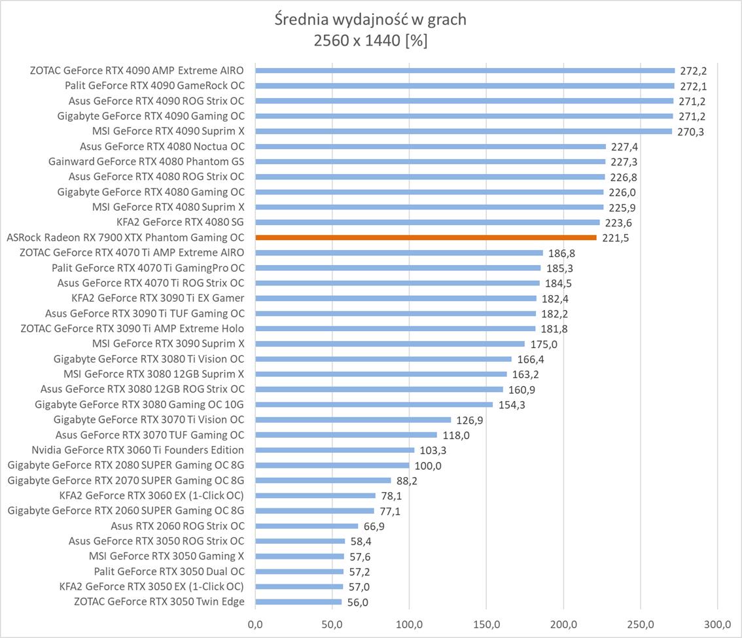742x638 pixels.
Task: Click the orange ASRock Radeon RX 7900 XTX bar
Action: tap(425, 238)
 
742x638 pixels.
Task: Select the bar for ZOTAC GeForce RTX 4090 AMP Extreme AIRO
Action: tap(465, 71)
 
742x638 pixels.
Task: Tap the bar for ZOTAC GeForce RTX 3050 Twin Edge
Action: tap(298, 602)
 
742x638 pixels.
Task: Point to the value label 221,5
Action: tap(616, 238)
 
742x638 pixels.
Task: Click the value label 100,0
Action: tap(428, 466)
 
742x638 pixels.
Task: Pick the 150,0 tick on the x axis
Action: tap(486, 624)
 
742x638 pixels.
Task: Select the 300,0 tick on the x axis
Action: tap(718, 624)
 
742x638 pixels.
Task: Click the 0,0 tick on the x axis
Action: tap(255, 624)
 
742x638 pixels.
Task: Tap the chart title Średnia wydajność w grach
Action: tap(370, 20)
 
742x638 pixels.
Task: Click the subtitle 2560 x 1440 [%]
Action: tap(370, 41)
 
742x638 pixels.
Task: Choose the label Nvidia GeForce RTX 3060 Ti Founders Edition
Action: tap(137, 450)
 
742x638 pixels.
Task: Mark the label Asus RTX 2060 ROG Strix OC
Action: tap(177, 526)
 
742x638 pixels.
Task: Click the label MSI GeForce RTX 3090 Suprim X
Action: tap(168, 344)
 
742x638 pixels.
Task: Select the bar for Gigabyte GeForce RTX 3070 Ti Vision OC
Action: tap(353, 420)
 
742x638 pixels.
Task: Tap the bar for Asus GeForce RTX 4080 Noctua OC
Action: tap(431, 147)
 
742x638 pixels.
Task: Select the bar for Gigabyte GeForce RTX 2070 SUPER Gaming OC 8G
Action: tap(323, 480)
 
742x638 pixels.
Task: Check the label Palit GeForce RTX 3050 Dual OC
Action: tap(169, 571)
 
